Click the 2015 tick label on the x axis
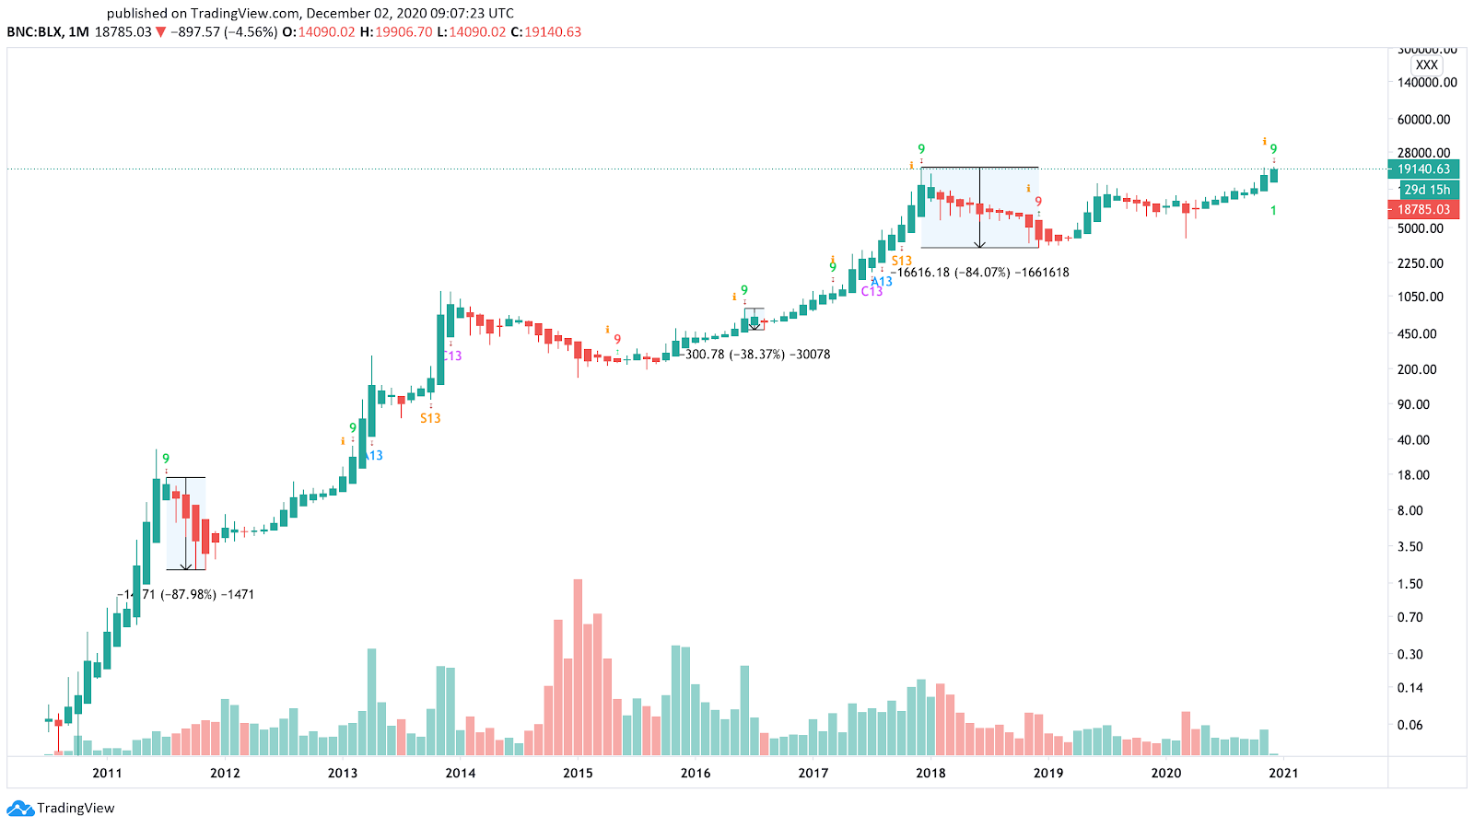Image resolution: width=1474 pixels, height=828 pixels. pyautogui.click(x=578, y=773)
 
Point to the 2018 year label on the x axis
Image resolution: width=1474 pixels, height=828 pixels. pyautogui.click(x=930, y=773)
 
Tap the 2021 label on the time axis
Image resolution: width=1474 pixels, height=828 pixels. pyautogui.click(x=1283, y=773)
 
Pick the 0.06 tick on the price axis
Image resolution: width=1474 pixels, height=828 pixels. pyautogui.click(x=1410, y=725)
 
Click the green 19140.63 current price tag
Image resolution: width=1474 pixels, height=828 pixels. pyautogui.click(x=1423, y=169)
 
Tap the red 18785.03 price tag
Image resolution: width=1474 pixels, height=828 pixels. pyautogui.click(x=1423, y=210)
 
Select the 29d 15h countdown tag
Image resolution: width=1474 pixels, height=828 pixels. pyautogui.click(x=1426, y=190)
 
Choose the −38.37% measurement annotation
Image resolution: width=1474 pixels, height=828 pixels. pyautogui.click(x=757, y=355)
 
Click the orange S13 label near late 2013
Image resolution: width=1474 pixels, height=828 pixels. pyautogui.click(x=430, y=418)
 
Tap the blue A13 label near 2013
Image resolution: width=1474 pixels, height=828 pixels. pyautogui.click(x=373, y=456)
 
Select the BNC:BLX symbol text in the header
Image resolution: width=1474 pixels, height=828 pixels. pyautogui.click(x=35, y=32)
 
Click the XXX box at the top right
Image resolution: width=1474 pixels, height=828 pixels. pyautogui.click(x=1426, y=65)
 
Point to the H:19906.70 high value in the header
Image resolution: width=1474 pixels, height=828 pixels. pyautogui.click(x=395, y=32)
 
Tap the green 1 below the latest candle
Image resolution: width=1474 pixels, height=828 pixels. pyautogui.click(x=1273, y=211)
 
